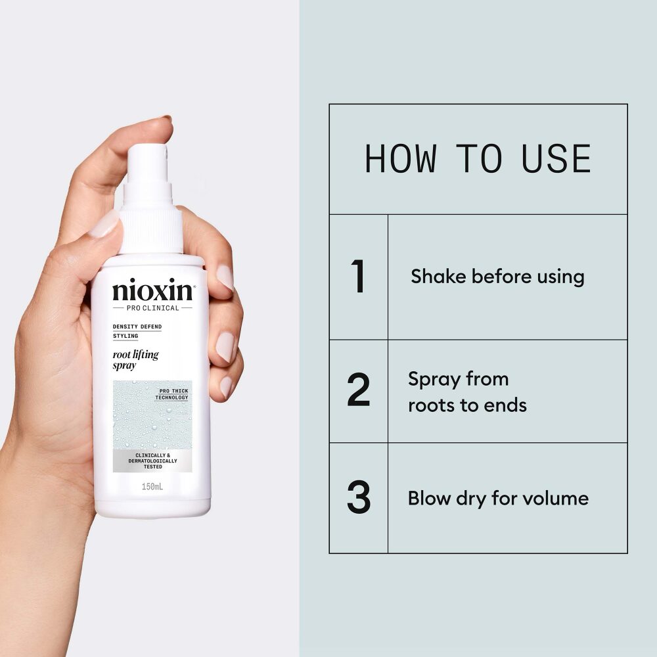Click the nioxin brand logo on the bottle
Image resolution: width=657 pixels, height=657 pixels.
(x=153, y=290)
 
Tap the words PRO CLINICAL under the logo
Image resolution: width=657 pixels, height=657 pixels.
(x=152, y=308)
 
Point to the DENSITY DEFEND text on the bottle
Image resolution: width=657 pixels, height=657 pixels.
(x=137, y=327)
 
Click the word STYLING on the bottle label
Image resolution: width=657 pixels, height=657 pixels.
(x=125, y=336)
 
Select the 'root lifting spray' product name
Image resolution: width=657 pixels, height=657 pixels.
(x=136, y=360)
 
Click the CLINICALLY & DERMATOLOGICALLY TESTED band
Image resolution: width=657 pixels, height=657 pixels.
(x=152, y=461)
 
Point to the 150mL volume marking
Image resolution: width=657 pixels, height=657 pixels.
(x=152, y=486)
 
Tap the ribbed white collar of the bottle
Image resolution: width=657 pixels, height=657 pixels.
(x=151, y=231)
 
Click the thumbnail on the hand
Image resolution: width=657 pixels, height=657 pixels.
(x=103, y=224)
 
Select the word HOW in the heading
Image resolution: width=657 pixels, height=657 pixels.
(x=401, y=158)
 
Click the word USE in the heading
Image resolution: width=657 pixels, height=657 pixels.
(x=556, y=158)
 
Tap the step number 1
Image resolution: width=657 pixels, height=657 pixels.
(x=358, y=276)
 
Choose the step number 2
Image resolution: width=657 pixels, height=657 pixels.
(x=359, y=390)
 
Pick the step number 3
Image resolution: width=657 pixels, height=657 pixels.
(x=359, y=497)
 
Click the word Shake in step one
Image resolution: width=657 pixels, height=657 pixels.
(x=438, y=276)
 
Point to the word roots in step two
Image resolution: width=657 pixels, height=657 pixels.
(x=432, y=405)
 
